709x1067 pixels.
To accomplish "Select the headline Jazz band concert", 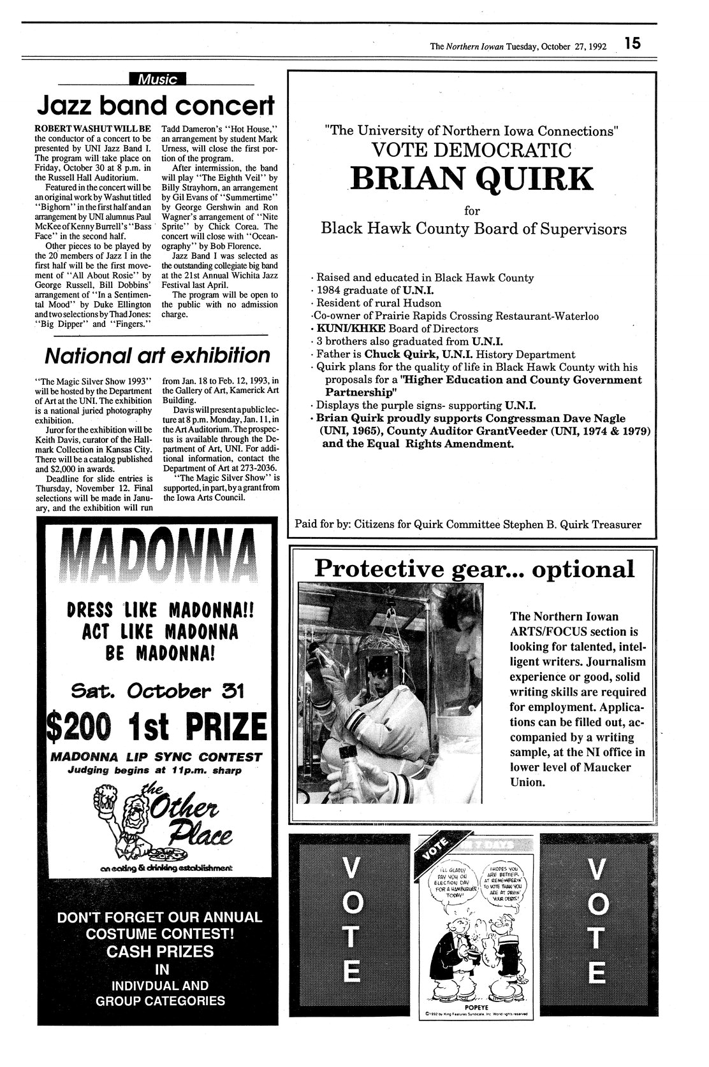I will pyautogui.click(x=156, y=104).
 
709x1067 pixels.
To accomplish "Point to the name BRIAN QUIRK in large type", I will pyautogui.click(x=472, y=180).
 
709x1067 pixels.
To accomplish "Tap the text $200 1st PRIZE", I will pyautogui.click(x=157, y=726).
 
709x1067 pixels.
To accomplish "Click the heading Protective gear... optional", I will pyautogui.click(x=474, y=568).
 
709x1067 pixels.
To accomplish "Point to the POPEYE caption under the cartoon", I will pyautogui.click(x=472, y=1005).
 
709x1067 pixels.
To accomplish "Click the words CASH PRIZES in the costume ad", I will pyautogui.click(x=157, y=951).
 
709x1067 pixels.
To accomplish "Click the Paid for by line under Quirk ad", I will pyautogui.click(x=467, y=524).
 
